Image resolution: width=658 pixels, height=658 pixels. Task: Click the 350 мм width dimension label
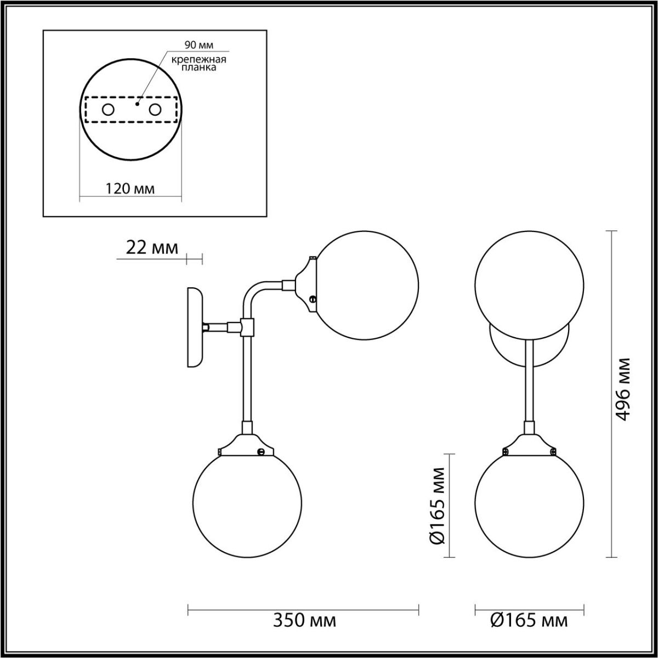[x=304, y=621]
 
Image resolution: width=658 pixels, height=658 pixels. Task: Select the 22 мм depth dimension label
[x=152, y=248]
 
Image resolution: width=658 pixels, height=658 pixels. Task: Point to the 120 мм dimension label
[x=130, y=189]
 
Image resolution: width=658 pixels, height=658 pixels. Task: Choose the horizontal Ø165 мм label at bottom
[x=529, y=621]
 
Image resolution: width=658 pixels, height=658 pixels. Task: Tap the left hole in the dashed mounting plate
[x=108, y=110]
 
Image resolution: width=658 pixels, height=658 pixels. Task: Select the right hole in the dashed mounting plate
[x=155, y=110]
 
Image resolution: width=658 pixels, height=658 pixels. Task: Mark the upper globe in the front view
[x=529, y=285]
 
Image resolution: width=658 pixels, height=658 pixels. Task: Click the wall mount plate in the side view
[x=195, y=326]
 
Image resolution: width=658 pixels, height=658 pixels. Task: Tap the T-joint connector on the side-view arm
[x=247, y=327]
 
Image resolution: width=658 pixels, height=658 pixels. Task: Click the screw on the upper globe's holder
[x=313, y=299]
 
